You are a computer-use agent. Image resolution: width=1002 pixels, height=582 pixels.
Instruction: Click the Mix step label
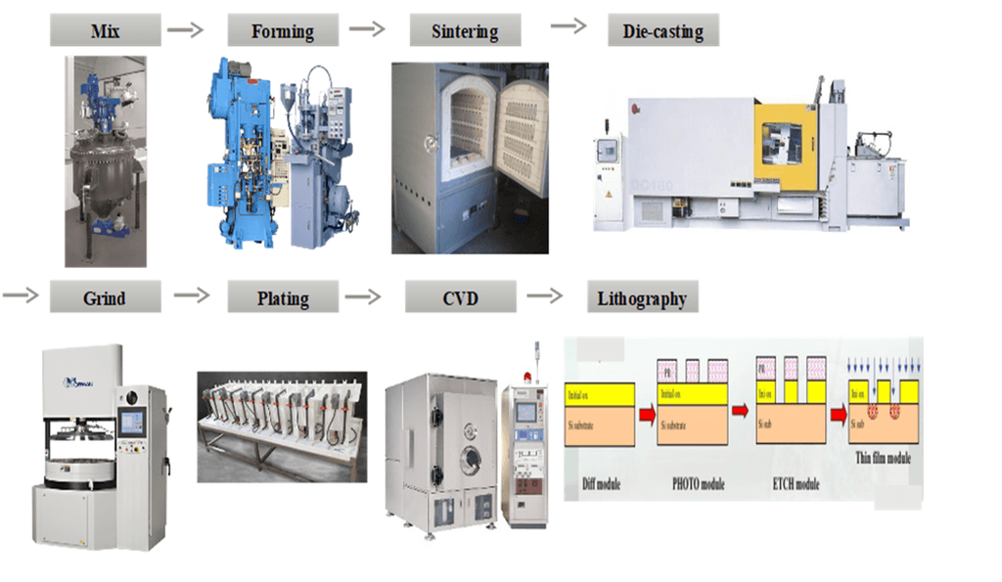[x=106, y=30]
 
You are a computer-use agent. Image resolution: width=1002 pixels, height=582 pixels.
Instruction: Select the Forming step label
[x=283, y=30]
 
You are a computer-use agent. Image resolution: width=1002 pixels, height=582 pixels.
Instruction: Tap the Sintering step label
[x=465, y=30]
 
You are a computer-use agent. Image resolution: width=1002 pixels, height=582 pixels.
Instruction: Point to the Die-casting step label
[x=662, y=30]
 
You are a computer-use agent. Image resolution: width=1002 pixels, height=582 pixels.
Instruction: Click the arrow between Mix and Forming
[x=185, y=29]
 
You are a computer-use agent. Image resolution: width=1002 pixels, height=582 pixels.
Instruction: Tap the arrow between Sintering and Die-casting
[x=569, y=25]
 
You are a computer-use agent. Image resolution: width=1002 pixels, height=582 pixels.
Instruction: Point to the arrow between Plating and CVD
[x=363, y=296]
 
